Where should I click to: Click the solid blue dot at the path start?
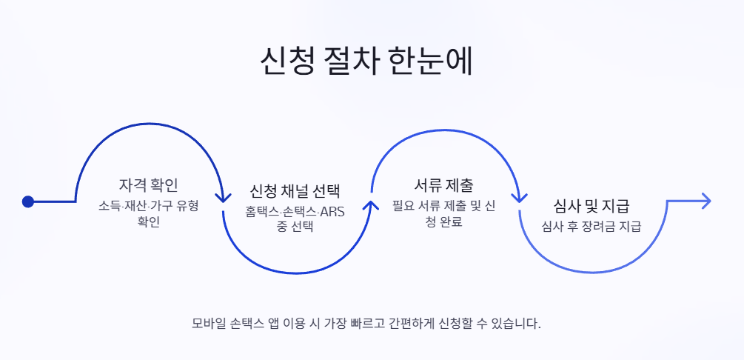[x=28, y=201]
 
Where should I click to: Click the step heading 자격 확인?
[x=148, y=184]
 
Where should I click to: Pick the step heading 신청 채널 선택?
[x=295, y=191]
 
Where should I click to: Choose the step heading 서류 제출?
[x=443, y=184]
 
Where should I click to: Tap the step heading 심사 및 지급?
[x=591, y=206]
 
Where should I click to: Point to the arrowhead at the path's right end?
[x=706, y=201]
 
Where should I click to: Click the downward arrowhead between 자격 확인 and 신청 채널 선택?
[x=223, y=197]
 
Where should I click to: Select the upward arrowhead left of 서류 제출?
[x=372, y=204]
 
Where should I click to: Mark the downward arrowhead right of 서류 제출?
[x=520, y=197]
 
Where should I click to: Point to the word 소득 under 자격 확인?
[x=108, y=207]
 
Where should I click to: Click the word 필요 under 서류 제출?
[x=402, y=207]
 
